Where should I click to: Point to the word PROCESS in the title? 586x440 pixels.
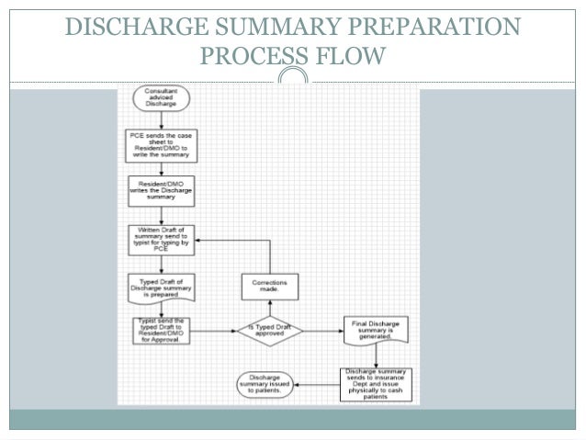point(261,60)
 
